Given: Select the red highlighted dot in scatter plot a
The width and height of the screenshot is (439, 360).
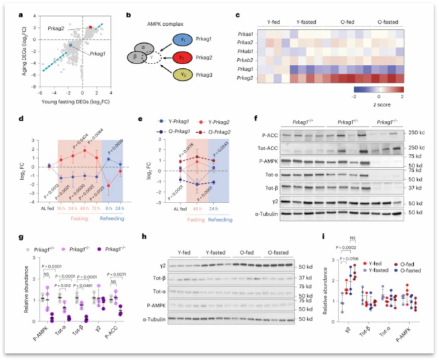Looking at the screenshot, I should [x=91, y=27].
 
